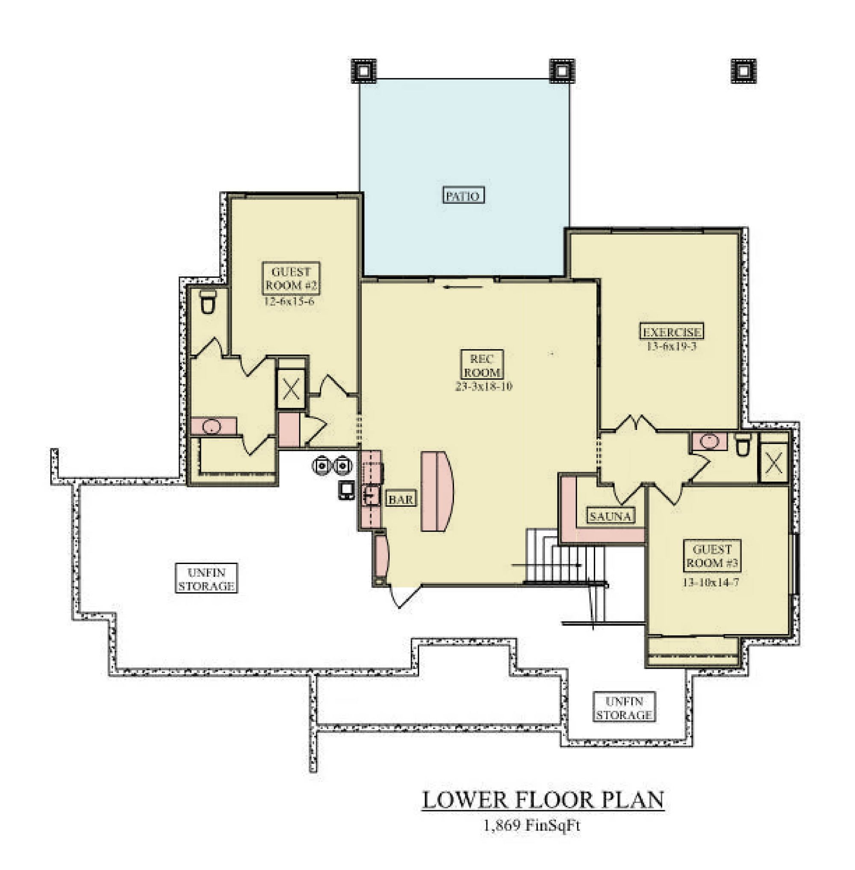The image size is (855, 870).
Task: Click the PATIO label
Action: [x=463, y=195]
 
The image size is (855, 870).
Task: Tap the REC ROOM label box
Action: [x=482, y=365]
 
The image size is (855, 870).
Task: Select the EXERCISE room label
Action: [x=671, y=331]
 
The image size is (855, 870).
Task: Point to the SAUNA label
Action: [x=610, y=516]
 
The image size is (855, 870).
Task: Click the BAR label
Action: [x=401, y=499]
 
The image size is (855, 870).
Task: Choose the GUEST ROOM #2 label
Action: [x=291, y=278]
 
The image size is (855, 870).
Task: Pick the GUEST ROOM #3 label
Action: [x=712, y=556]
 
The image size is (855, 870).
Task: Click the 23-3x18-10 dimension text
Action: [x=484, y=386]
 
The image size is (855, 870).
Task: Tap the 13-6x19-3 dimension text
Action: [x=671, y=346]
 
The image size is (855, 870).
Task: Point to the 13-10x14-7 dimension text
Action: [x=711, y=582]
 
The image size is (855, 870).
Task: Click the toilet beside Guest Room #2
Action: [x=207, y=301]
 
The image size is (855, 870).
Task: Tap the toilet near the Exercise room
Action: [x=742, y=444]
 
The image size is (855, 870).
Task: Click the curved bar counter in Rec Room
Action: [x=437, y=491]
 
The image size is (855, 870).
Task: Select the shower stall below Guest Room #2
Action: [x=291, y=389]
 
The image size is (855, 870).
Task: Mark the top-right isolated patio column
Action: [x=743, y=71]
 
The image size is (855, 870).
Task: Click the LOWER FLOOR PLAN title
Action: [x=543, y=799]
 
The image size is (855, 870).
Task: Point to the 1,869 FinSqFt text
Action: [x=532, y=825]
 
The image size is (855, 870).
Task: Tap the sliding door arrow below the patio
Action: [x=463, y=287]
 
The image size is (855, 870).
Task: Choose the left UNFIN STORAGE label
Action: [x=206, y=579]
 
